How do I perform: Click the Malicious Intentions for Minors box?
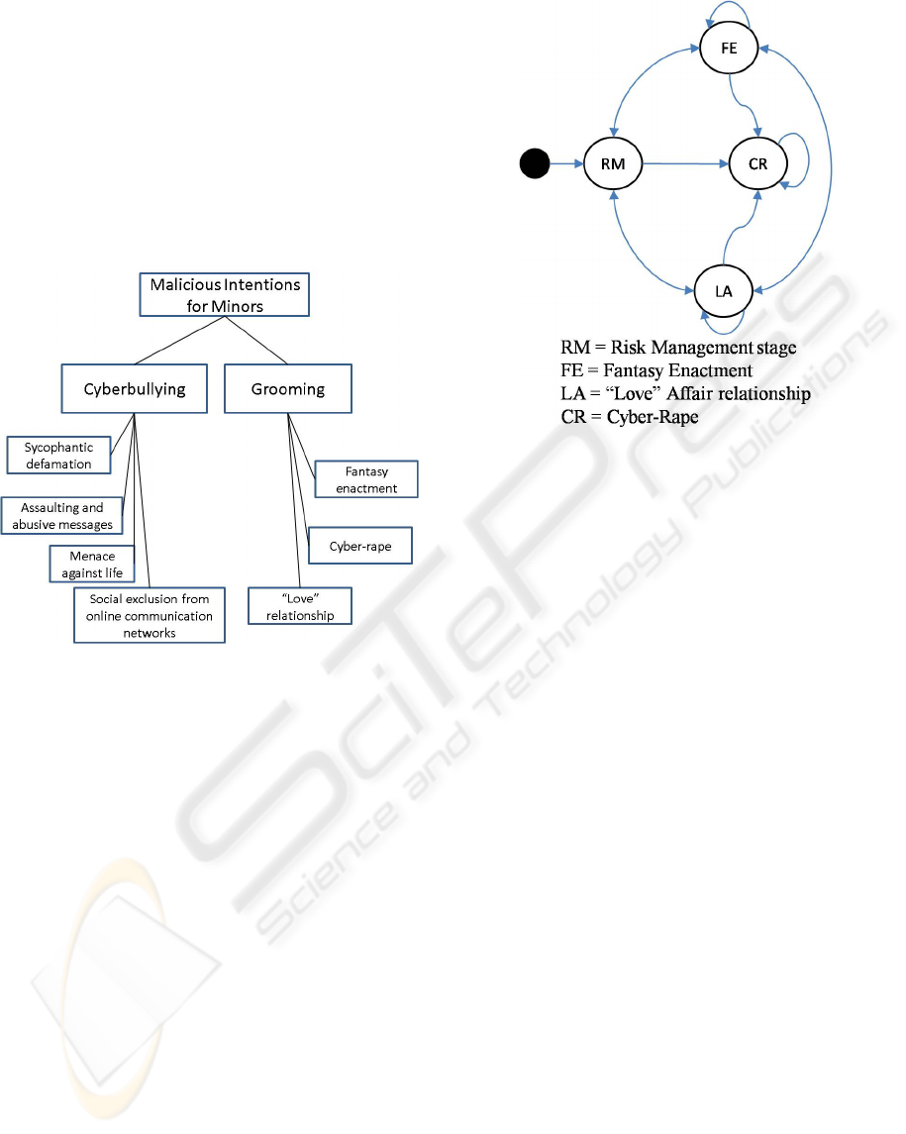pyautogui.click(x=224, y=294)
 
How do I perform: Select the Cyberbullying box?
pyautogui.click(x=135, y=388)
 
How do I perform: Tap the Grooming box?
pyautogui.click(x=288, y=388)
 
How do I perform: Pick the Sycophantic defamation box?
pyautogui.click(x=58, y=455)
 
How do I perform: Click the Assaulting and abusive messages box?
pyautogui.click(x=62, y=516)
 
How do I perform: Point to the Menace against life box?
pyautogui.click(x=92, y=565)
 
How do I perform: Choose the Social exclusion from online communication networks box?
pyautogui.click(x=149, y=615)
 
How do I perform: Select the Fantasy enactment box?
pyautogui.click(x=366, y=479)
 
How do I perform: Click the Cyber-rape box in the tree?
pyautogui.click(x=360, y=546)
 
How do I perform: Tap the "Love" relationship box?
pyautogui.click(x=300, y=606)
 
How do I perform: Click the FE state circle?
pyautogui.click(x=729, y=49)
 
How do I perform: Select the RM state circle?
pyautogui.click(x=613, y=164)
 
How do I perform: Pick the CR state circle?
pyautogui.click(x=757, y=164)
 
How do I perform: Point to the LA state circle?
pyautogui.click(x=724, y=291)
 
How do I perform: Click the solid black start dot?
pyautogui.click(x=535, y=163)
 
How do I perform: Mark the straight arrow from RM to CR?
pyautogui.click(x=685, y=164)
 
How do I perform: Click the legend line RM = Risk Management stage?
pyautogui.click(x=678, y=348)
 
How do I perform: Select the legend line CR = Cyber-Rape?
pyautogui.click(x=630, y=417)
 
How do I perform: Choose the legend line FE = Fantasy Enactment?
pyautogui.click(x=656, y=371)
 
